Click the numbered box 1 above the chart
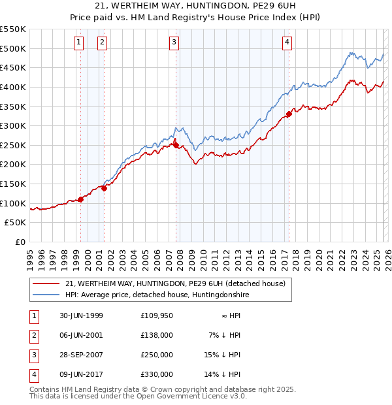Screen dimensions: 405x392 coord(78,42)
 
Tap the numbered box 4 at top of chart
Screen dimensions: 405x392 coord(287,42)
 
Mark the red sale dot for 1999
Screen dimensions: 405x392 coord(81,199)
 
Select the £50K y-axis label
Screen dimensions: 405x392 coord(16,223)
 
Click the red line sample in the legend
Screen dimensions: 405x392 coord(46,284)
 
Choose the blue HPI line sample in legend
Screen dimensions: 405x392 coord(46,295)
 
